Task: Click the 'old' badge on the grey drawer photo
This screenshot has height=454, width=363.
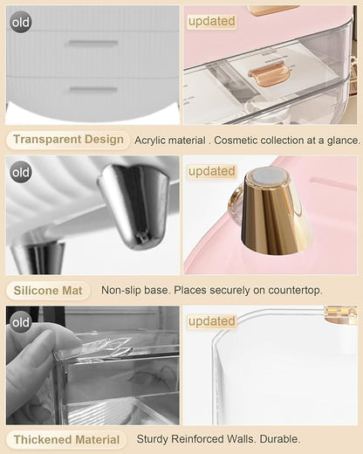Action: (21, 22)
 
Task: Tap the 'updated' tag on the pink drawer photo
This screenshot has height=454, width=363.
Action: (211, 21)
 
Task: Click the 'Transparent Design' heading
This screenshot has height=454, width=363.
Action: (68, 140)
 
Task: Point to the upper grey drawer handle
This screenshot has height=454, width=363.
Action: (93, 43)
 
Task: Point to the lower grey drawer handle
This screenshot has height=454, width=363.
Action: (93, 89)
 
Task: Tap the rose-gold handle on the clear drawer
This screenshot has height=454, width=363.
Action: (268, 73)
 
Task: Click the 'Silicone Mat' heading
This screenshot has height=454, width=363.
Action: (48, 291)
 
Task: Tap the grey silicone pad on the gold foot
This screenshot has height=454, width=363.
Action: (269, 176)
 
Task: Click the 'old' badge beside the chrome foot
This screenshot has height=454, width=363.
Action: (21, 172)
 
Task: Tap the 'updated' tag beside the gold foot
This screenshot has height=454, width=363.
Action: (211, 171)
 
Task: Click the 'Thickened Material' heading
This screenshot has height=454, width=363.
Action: (66, 439)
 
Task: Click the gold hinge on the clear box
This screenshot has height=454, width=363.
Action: (340, 315)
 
